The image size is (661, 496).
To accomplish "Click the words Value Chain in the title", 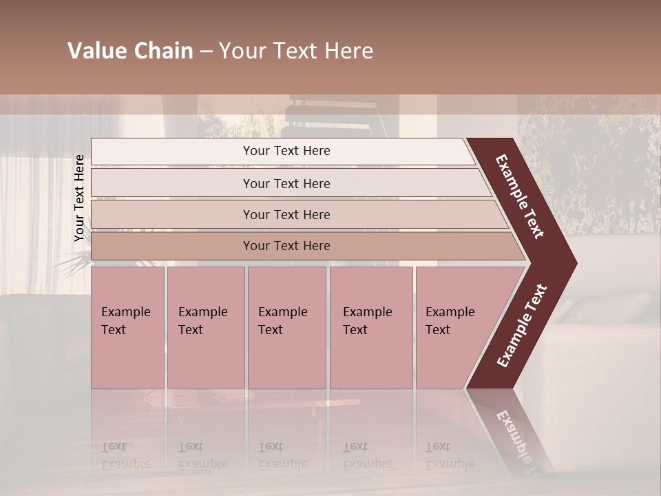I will [130, 51].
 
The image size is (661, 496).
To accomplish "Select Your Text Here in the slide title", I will [296, 51].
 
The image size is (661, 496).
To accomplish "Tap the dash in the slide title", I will [206, 52].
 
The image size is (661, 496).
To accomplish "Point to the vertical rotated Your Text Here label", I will [79, 198].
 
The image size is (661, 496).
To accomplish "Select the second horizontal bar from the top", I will [286, 183].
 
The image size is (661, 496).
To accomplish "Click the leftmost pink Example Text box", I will [127, 327].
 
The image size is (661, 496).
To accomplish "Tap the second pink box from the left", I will [206, 327].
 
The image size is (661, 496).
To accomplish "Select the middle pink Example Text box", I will [286, 327].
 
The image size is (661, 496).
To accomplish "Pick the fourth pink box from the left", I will [371, 327].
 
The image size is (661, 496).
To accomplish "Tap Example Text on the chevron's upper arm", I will [520, 196].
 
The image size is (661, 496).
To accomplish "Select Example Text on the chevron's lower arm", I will [522, 326].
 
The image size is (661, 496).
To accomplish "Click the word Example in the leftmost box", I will [125, 312].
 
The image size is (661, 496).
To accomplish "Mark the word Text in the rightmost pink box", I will [438, 330].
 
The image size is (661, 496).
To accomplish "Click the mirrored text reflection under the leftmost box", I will [125, 455].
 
